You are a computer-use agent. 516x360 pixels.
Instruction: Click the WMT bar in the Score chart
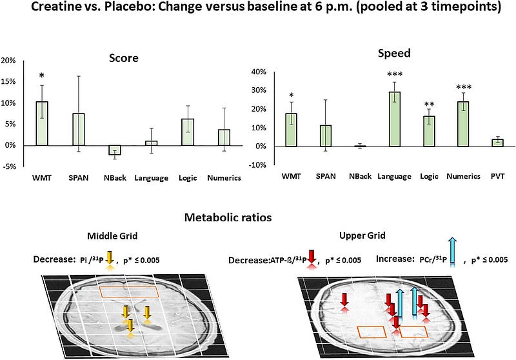coord(42,123)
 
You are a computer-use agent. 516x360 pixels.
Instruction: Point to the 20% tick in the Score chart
coord(10,60)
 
